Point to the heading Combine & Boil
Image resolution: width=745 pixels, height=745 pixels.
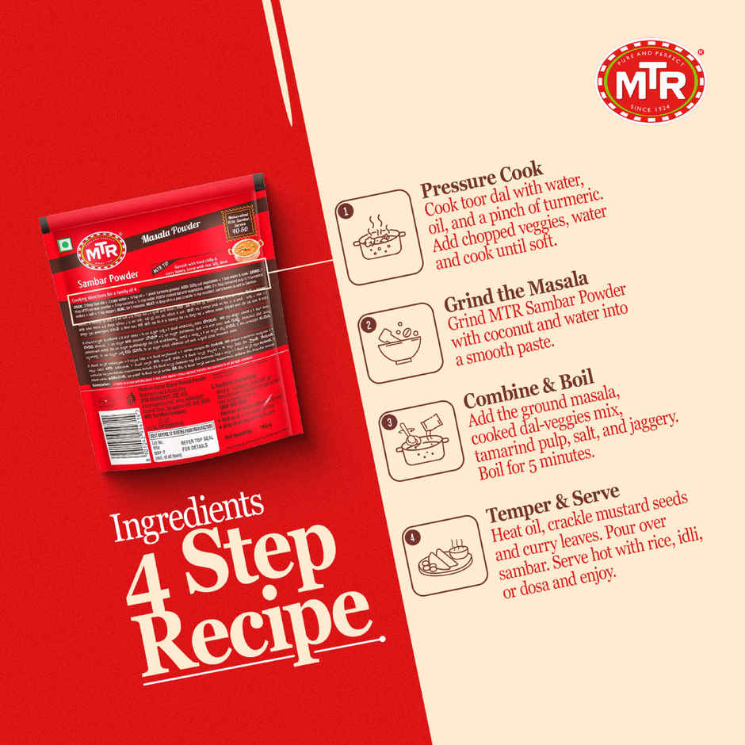(x=529, y=388)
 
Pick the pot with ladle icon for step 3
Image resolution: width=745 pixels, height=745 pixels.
(x=416, y=442)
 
